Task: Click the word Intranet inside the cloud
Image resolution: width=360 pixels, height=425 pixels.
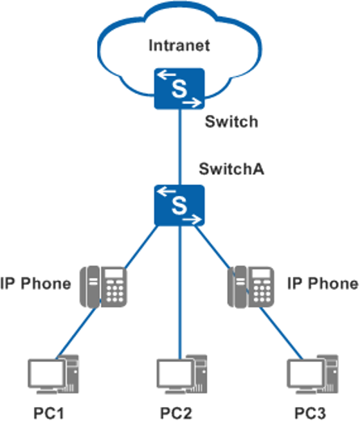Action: point(180,45)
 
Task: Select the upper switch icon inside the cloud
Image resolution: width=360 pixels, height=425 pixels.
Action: point(180,88)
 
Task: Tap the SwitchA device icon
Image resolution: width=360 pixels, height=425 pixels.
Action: point(180,205)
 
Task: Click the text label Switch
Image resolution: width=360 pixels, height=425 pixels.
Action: point(231,121)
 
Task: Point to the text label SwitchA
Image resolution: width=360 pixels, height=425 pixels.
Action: point(231,169)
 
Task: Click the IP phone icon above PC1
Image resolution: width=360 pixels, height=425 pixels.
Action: point(104,287)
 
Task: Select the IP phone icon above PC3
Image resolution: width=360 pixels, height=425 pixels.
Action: point(251,287)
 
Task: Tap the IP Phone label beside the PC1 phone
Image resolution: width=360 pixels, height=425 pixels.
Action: point(36,283)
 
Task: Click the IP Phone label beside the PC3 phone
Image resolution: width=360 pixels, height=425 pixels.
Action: point(323,283)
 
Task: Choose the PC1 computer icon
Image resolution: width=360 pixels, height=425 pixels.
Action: point(53,375)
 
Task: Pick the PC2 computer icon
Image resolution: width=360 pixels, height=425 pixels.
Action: point(182,375)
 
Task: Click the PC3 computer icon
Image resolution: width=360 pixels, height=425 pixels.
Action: point(312,375)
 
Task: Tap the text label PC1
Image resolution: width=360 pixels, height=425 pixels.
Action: point(49,414)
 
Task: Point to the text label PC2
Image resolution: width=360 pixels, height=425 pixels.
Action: point(176,414)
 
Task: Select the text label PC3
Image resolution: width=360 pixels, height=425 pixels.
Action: point(310,414)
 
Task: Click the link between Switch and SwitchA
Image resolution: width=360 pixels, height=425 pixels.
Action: point(180,147)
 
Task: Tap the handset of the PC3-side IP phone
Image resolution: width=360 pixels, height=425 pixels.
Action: point(240,287)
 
